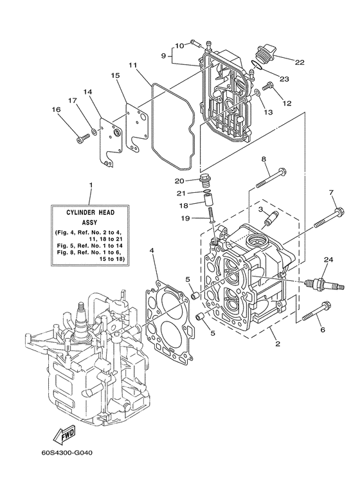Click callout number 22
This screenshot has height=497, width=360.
(x=300, y=62)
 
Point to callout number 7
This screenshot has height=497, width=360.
(x=332, y=193)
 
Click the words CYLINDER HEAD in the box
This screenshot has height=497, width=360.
(x=91, y=211)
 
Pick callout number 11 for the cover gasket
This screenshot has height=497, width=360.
(x=132, y=66)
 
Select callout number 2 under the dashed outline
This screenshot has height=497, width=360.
(x=277, y=345)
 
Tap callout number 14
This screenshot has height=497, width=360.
(x=88, y=93)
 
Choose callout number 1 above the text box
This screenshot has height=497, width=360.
(x=91, y=185)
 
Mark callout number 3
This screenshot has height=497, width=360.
(x=261, y=210)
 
